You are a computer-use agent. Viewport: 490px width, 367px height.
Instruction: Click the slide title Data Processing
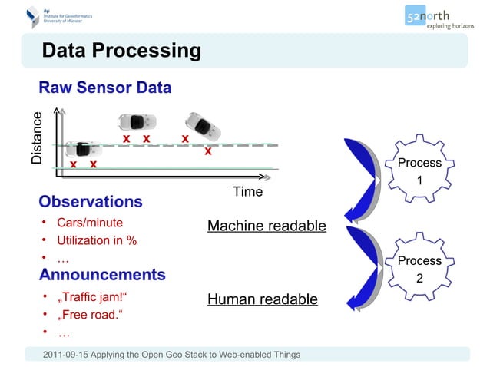tap(121, 51)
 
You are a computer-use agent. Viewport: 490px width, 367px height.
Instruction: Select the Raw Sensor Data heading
tap(105, 88)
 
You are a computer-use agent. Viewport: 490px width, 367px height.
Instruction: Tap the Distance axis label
tap(37, 139)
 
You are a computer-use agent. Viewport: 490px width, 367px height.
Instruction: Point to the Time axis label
tap(247, 191)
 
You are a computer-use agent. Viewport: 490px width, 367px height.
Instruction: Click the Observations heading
tap(91, 202)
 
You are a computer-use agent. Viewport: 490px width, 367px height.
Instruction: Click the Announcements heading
tap(102, 274)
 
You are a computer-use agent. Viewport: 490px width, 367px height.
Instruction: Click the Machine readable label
tap(267, 226)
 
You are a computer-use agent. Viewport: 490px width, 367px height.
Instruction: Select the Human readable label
tap(262, 299)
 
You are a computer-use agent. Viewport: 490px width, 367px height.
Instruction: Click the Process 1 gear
tap(419, 170)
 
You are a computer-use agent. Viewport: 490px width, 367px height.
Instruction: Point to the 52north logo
tap(438, 17)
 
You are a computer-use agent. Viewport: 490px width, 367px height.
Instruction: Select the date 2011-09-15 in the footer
tap(71, 354)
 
